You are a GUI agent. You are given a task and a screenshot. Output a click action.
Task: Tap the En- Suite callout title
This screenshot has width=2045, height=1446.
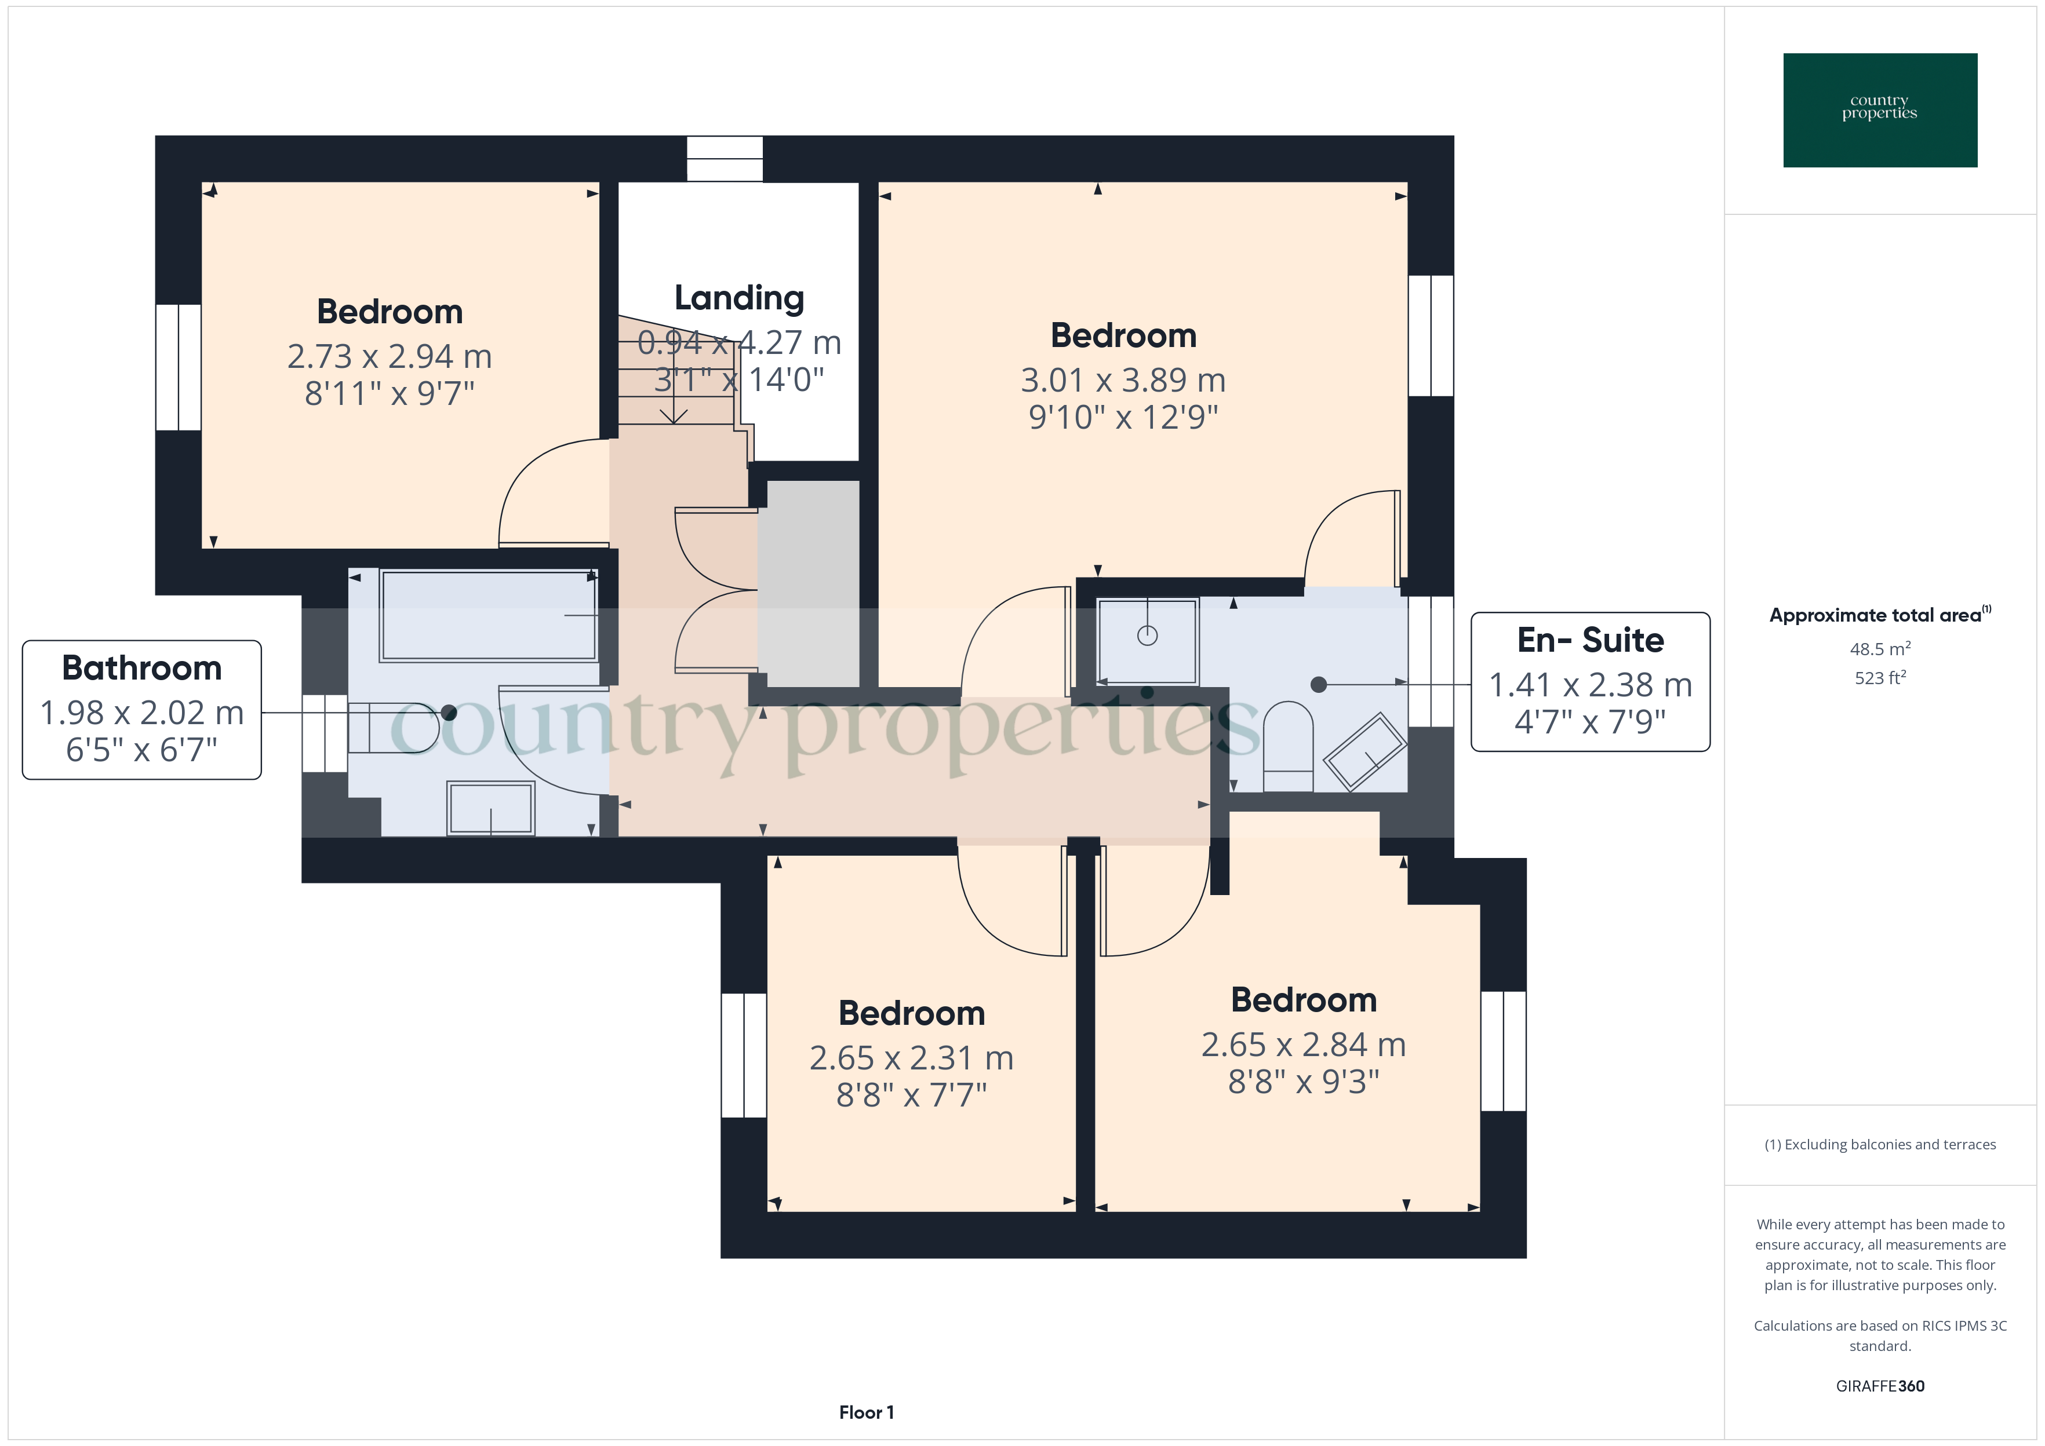[x=1590, y=640]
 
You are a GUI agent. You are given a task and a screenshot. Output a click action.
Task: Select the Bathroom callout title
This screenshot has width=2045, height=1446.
[x=141, y=668]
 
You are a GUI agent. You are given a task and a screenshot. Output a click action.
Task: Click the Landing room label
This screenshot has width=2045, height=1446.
[x=738, y=299]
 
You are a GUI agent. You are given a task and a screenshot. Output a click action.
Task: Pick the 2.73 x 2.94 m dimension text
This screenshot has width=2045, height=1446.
[x=389, y=356]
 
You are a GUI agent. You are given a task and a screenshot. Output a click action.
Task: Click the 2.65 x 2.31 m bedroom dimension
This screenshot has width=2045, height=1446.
[x=911, y=1058]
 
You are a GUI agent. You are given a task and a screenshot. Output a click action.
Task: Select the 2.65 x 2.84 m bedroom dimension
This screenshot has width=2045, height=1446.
[x=1303, y=1045]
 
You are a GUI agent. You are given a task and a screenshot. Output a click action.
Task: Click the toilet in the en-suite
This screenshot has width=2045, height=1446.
[x=1288, y=746]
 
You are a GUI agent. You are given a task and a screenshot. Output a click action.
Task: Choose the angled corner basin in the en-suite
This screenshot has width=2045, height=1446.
[x=1364, y=751]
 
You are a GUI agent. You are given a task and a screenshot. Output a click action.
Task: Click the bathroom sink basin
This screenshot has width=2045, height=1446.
[x=491, y=809]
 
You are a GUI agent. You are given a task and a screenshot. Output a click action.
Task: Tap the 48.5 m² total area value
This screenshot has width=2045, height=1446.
[x=1879, y=649]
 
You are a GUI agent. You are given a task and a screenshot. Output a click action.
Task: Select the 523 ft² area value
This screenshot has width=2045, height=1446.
[x=1879, y=678]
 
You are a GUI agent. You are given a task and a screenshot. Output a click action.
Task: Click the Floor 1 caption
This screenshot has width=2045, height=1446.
[x=866, y=1412]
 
